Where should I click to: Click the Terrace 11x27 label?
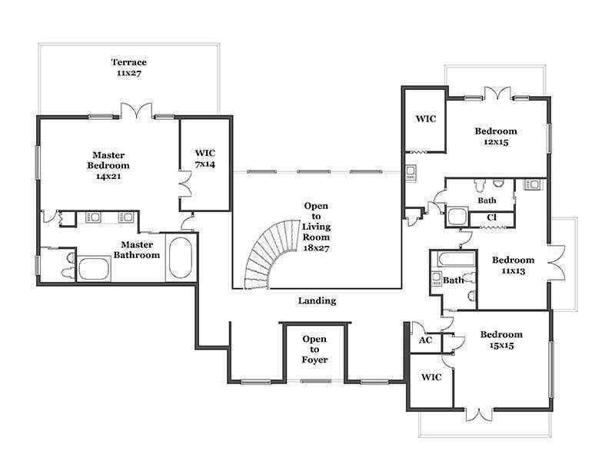coord(128,68)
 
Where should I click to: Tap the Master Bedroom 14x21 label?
coord(108,165)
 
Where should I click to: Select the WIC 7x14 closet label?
coord(204,158)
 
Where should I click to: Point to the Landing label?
coord(317,300)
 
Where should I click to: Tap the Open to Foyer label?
coord(314,350)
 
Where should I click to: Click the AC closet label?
coord(425,340)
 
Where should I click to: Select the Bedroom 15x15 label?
coord(501,340)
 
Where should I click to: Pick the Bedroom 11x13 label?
coord(513,265)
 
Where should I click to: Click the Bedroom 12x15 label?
coord(496,137)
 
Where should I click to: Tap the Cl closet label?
coord(491,217)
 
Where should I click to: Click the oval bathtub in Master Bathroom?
coord(181,257)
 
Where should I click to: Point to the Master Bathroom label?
coord(137,250)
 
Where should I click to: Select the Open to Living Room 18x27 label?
coord(316,227)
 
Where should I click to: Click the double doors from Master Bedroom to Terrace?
coord(136,111)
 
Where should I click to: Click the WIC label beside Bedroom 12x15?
coord(426,118)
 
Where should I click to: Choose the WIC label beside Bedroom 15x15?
coord(431,377)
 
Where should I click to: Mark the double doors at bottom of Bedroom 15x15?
coord(478,415)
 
